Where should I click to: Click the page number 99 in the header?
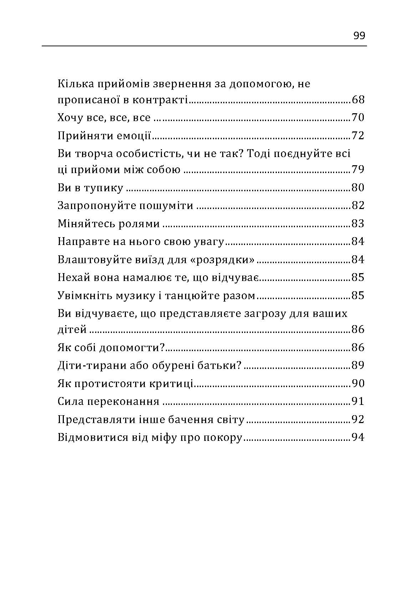[359, 36]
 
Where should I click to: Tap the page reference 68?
[358, 100]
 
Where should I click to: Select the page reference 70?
[358, 118]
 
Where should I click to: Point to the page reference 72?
[358, 136]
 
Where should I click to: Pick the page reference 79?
[358, 169]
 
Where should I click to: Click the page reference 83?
[358, 224]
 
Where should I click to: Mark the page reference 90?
[358, 384]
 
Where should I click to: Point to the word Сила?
[70, 402]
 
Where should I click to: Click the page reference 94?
[358, 437]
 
